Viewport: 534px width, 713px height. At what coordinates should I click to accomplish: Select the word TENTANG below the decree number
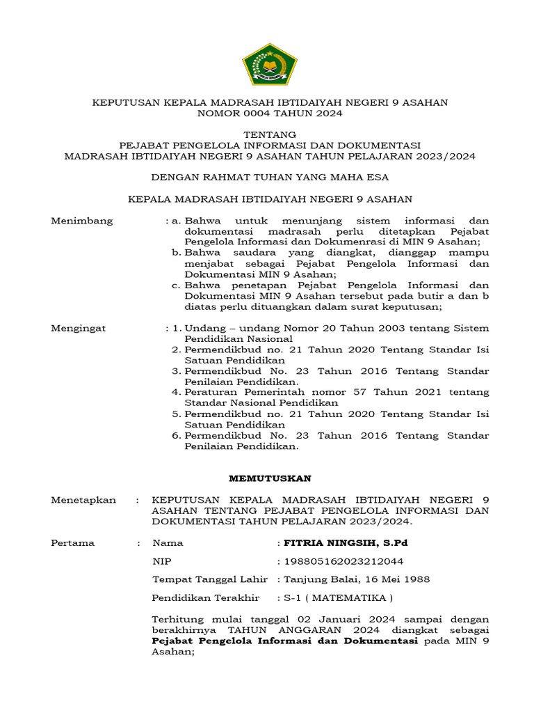tap(270, 134)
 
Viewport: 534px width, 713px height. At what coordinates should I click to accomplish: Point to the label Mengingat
tap(79, 328)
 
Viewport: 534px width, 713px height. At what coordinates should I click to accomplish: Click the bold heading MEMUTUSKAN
tap(270, 478)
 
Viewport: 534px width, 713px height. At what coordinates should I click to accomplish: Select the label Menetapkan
tap(84, 500)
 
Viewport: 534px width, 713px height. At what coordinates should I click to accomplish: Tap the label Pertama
tap(73, 542)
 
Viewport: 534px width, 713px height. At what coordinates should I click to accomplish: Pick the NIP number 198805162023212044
tap(343, 561)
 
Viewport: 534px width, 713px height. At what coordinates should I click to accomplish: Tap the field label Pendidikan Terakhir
tap(206, 597)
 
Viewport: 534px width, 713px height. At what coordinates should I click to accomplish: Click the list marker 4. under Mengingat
tap(177, 393)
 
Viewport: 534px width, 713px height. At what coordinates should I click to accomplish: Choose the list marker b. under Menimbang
tap(177, 253)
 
